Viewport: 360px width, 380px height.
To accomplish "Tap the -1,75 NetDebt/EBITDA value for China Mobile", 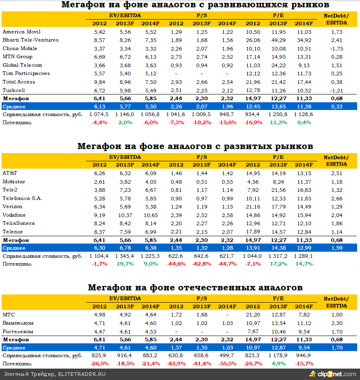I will coord(336,48).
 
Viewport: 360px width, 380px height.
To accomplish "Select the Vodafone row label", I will coord(14,215).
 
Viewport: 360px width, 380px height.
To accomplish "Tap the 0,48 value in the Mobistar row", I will coord(176,182).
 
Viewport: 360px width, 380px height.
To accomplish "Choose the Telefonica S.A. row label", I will coord(22,198).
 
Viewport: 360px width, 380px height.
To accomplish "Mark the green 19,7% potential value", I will coord(125,264).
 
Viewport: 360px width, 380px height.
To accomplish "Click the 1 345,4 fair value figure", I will coord(125,256).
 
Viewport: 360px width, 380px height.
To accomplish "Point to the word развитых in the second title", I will coord(236,146).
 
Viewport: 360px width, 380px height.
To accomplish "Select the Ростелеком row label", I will coord(18,332).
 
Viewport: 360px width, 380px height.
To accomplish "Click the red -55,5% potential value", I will coord(227,364).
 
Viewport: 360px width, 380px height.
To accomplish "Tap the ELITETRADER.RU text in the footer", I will coord(82,374).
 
